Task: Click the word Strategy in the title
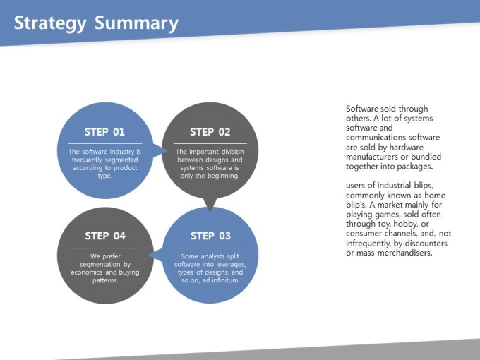click(50, 23)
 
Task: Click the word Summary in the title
click(136, 23)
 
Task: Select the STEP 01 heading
click(104, 132)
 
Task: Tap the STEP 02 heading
click(210, 132)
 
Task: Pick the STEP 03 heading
click(210, 236)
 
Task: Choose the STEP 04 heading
click(105, 236)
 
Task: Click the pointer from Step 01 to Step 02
click(160, 150)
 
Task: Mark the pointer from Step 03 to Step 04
click(155, 255)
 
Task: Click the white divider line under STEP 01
click(105, 143)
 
